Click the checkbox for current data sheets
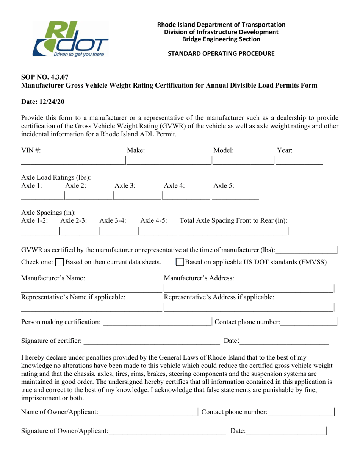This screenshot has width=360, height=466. tap(59, 262)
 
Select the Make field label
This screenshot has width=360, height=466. tap(136, 150)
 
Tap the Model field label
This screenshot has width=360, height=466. tap(224, 150)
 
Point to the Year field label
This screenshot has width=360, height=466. tap(285, 150)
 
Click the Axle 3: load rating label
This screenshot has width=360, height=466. tap(125, 185)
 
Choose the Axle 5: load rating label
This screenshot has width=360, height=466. tap(224, 185)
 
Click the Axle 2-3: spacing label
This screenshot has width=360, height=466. tap(74, 220)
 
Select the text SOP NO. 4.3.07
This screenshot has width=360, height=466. tap(45, 78)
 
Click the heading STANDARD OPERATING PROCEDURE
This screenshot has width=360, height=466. tap(221, 54)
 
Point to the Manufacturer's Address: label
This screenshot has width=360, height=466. tap(199, 278)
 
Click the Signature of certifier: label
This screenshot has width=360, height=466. tap(52, 341)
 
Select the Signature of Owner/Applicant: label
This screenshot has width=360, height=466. tap(65, 431)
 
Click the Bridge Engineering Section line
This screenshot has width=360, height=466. tap(221, 39)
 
